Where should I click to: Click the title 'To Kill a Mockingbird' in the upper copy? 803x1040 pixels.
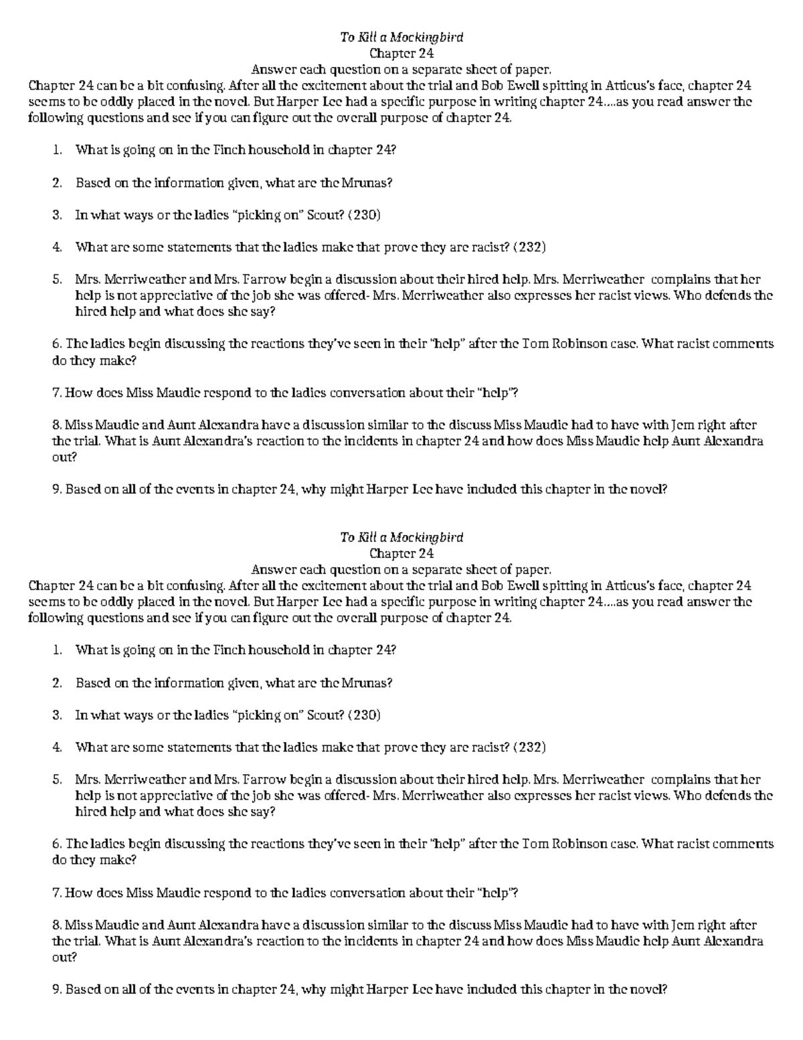point(401,38)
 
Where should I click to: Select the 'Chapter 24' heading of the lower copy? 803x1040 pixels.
point(401,554)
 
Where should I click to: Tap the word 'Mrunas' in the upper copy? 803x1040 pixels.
point(366,183)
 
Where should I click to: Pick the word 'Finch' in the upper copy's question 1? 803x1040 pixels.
point(230,150)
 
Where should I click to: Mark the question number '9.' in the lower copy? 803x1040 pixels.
point(57,989)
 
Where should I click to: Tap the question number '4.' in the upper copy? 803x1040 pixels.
point(57,247)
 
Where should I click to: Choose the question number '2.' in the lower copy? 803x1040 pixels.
point(57,683)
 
